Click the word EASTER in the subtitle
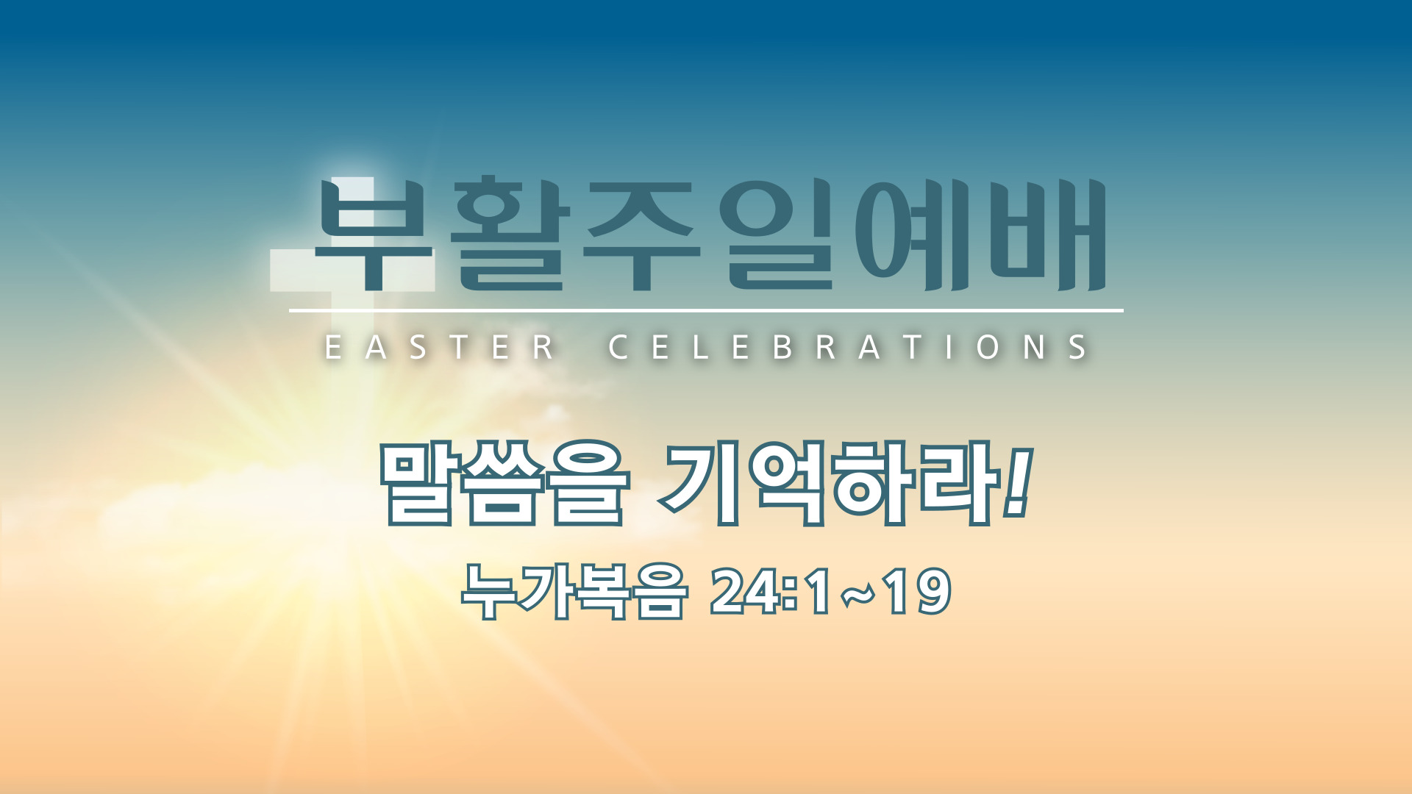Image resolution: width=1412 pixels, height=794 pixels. click(440, 347)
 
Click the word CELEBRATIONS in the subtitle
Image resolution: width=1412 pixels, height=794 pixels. click(849, 347)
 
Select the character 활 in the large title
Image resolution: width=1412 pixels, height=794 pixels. click(510, 233)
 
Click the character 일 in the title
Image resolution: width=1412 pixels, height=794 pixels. click(780, 233)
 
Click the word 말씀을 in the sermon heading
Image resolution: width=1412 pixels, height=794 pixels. click(504, 484)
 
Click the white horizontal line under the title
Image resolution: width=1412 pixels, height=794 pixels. click(706, 311)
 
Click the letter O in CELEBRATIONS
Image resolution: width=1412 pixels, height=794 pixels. click(989, 347)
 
